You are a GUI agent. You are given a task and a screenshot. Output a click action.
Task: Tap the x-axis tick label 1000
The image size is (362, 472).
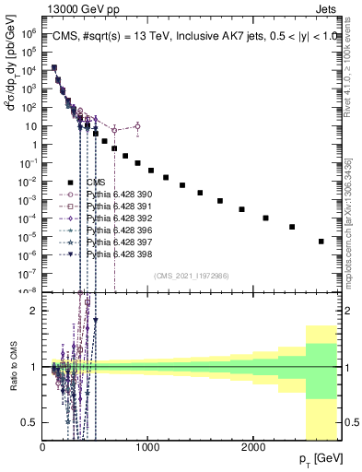(x=148, y=446)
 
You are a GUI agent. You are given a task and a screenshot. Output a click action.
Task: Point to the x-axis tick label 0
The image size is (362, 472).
(x=43, y=446)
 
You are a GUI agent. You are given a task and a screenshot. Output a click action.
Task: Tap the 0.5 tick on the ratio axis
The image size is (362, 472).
(x=30, y=422)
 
